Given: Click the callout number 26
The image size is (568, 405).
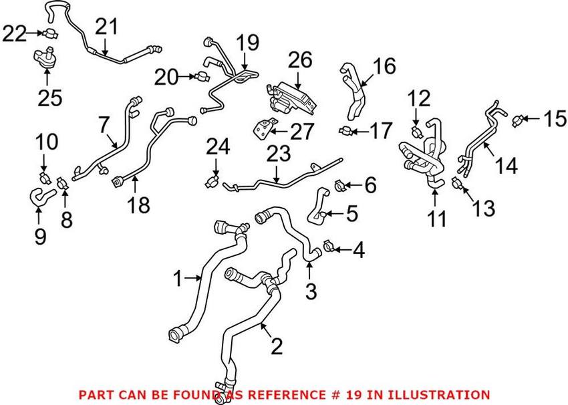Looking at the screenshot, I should point(300,61).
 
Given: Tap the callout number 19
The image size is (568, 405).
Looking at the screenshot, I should point(247,44).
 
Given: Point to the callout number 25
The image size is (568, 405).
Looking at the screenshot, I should point(49,98).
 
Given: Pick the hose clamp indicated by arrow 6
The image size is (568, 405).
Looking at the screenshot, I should point(339,182).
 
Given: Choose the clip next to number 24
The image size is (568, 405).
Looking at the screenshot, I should point(213,182).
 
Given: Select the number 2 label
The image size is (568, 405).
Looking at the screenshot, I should point(276,346).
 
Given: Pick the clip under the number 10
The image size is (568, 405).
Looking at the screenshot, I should point(45,177).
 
